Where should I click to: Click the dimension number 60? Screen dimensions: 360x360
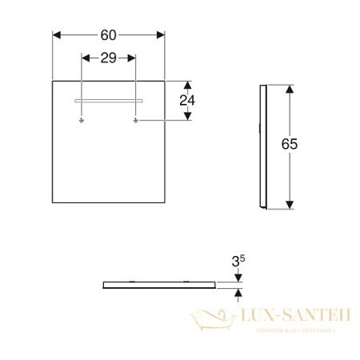(x=109, y=34)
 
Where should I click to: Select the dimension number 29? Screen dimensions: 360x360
(x=109, y=58)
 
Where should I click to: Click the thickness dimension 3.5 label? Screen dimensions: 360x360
(x=238, y=261)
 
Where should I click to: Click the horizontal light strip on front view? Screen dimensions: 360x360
(x=109, y=101)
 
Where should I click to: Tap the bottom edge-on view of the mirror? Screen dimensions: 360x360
(x=160, y=285)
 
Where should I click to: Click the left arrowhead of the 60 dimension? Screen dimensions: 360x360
(x=57, y=34)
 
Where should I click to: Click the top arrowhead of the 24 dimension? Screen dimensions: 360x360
(x=188, y=84)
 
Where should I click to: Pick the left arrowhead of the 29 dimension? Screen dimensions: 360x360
(x=86, y=58)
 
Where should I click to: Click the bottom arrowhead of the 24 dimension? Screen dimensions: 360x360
(x=188, y=117)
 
